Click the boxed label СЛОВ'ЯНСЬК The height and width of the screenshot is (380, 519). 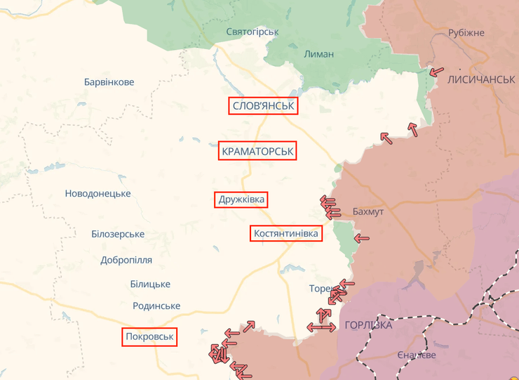[263, 106]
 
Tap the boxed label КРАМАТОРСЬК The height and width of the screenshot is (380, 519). [257, 151]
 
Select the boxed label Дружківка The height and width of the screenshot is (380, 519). [241, 199]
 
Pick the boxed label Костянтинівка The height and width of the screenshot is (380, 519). [286, 233]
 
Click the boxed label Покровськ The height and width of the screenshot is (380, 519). [149, 337]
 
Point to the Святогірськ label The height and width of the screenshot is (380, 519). [252, 32]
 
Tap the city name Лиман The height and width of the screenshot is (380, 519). [319, 54]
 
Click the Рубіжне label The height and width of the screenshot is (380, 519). [466, 33]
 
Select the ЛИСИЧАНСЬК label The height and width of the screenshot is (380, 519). [481, 79]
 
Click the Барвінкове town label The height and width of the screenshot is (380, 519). [109, 82]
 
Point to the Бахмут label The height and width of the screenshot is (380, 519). [368, 211]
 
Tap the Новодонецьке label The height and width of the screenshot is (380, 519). [97, 193]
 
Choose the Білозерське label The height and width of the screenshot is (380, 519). [118, 234]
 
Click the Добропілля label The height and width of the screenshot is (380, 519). [126, 260]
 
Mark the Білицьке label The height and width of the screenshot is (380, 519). [150, 284]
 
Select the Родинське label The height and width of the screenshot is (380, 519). [156, 306]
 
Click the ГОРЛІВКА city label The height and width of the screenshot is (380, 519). [368, 325]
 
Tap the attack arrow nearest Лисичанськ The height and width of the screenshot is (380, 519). [436, 71]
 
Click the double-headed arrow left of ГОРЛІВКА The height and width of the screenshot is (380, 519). [321, 327]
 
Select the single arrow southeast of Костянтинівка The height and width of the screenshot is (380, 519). [361, 238]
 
